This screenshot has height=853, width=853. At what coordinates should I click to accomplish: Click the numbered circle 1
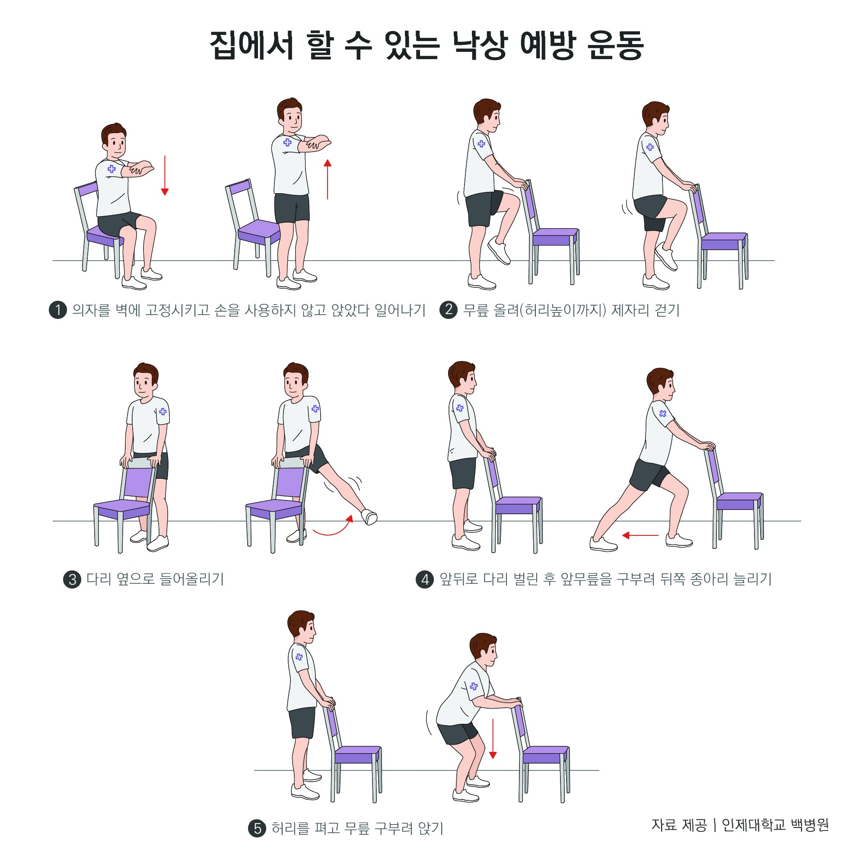pos(58,310)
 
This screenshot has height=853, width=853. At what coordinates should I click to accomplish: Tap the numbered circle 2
pos(449,309)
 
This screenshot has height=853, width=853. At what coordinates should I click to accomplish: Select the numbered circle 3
pos(73,579)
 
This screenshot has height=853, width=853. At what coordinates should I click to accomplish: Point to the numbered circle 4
pos(425,579)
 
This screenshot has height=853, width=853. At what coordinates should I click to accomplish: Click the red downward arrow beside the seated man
pos(165,175)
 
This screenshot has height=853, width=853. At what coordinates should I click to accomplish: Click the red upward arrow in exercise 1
pos(327,179)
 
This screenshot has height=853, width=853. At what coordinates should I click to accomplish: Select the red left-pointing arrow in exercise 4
pos(640,535)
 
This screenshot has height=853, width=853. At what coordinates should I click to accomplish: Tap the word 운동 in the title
pos(615,45)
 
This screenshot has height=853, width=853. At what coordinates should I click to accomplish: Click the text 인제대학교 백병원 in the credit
pos(775,825)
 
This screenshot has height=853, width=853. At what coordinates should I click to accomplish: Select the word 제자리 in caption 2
pos(627,310)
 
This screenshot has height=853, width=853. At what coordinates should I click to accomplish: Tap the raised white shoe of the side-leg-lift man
pos(369,516)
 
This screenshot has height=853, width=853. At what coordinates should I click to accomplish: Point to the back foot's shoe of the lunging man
pos(604,544)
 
